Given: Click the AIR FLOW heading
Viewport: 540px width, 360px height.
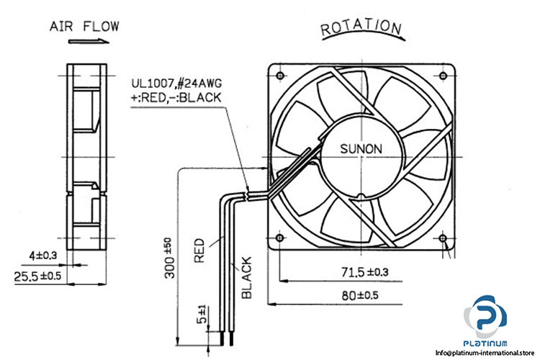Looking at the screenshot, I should point(84,27).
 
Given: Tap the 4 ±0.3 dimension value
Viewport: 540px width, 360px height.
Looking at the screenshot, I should point(42,256).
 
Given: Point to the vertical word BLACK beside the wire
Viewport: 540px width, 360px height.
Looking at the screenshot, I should point(246,277).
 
